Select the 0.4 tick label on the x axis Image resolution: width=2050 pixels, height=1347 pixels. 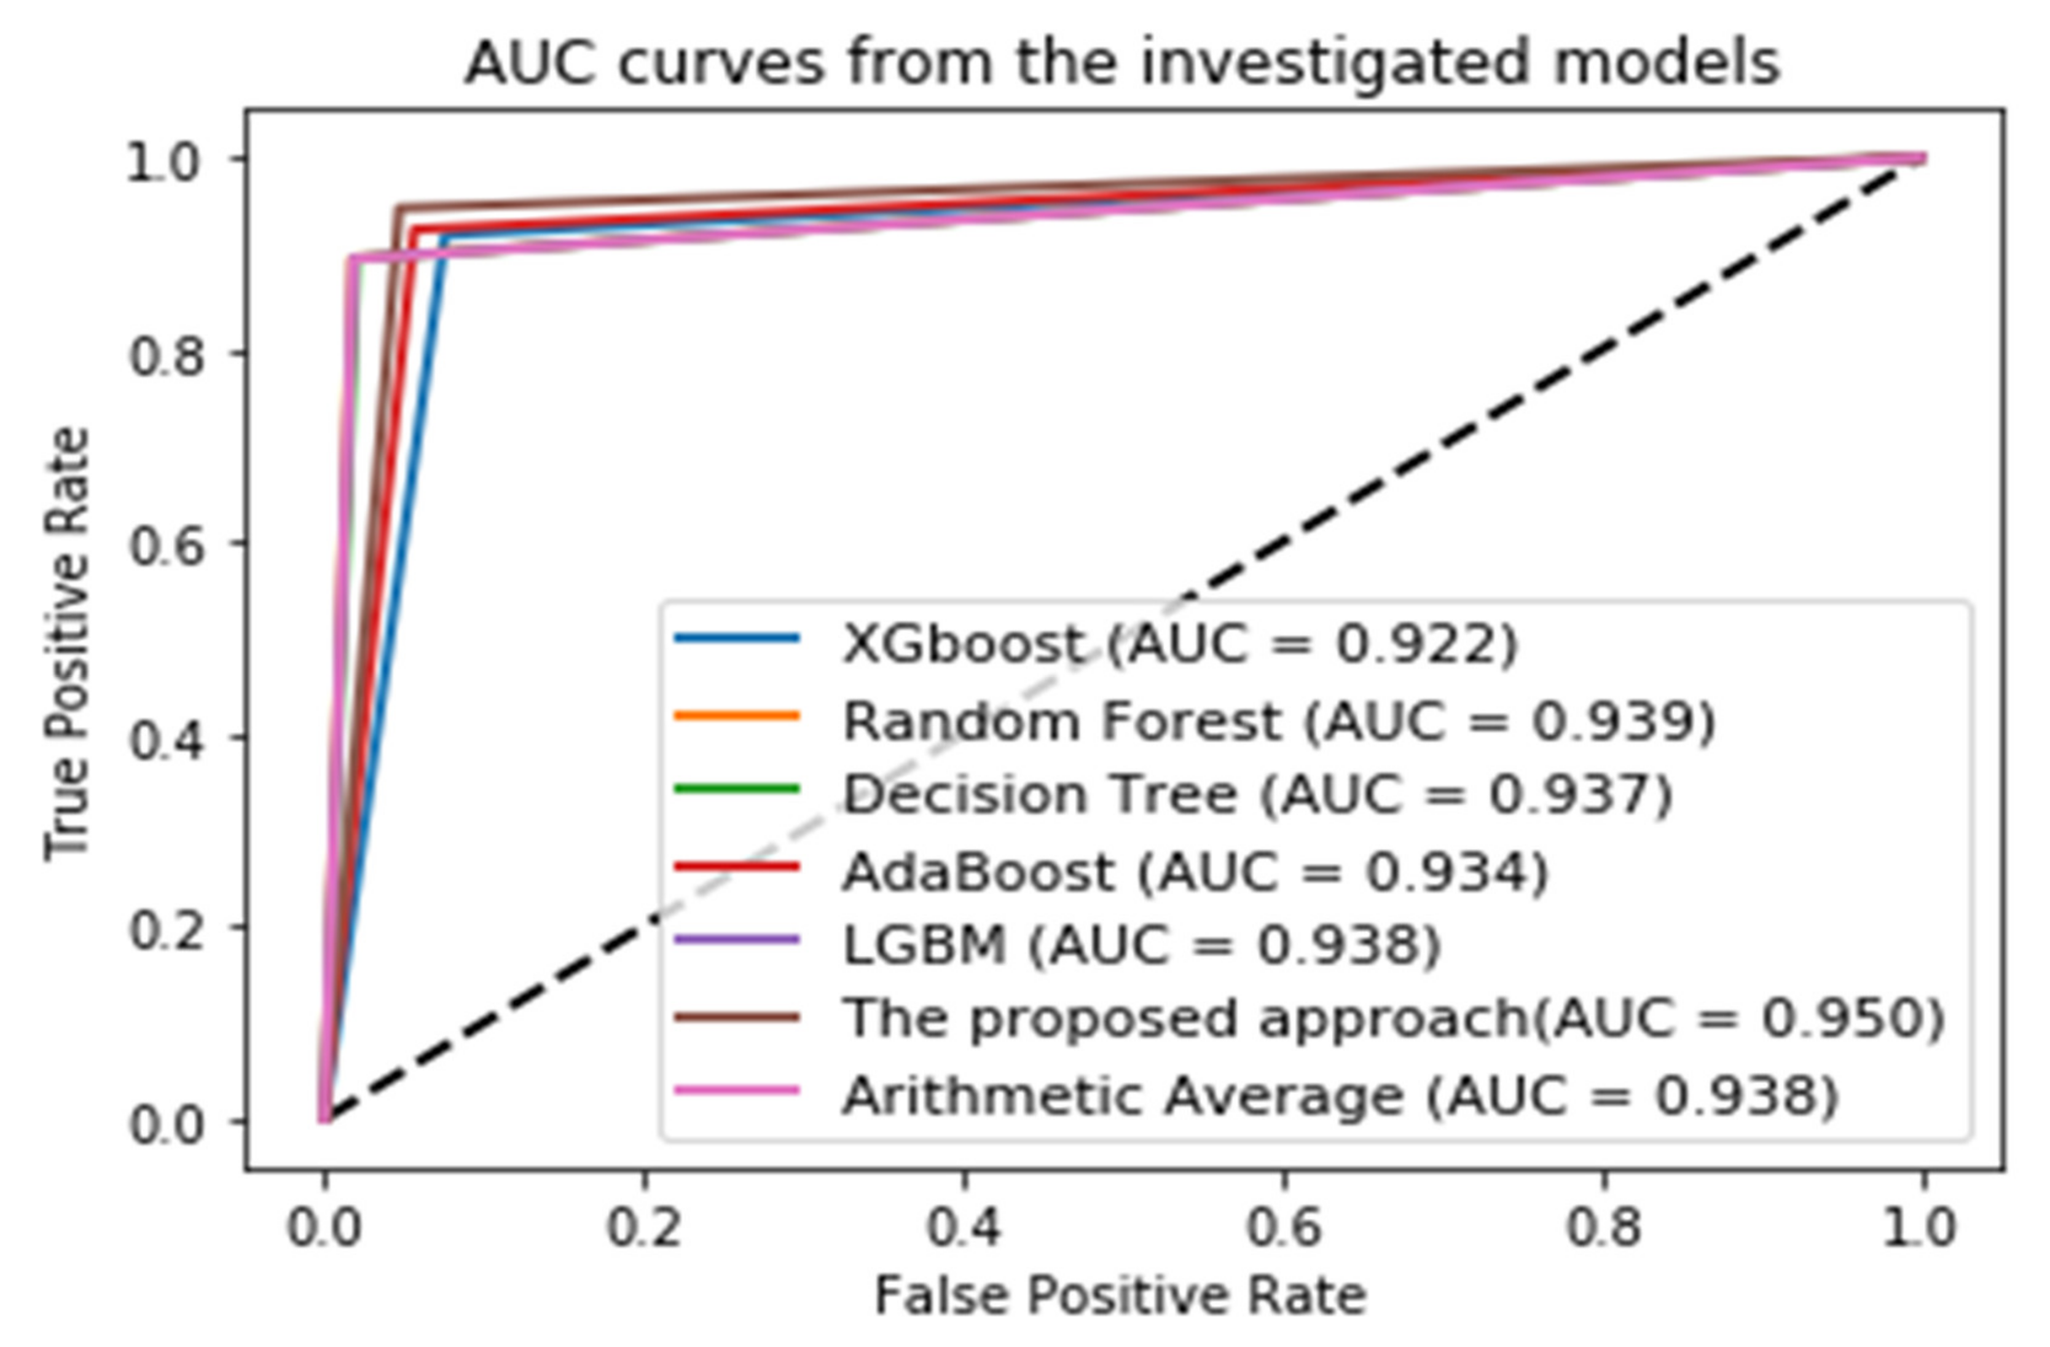tap(964, 1227)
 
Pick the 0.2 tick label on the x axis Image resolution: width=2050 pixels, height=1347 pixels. tap(643, 1227)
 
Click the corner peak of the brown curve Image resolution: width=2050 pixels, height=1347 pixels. tap(398, 208)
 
